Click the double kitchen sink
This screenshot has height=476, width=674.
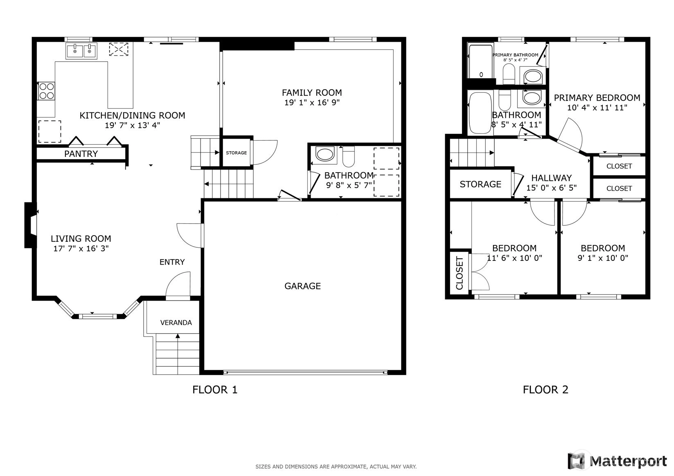tap(81, 51)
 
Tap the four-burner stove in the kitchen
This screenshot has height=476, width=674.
tap(46, 91)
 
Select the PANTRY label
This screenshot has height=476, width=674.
tap(81, 154)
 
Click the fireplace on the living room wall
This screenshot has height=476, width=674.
tap(30, 225)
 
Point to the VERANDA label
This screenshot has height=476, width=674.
tap(176, 323)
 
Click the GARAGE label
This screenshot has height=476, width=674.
tap(303, 286)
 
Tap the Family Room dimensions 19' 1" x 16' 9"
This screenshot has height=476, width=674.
tap(312, 103)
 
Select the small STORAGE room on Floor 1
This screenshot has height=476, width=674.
tap(236, 153)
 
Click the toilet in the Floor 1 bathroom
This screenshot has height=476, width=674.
tap(349, 156)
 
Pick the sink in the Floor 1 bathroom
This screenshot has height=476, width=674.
tap(325, 155)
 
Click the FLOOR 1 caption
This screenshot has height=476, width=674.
tap(215, 390)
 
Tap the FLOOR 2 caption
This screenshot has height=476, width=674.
tap(546, 390)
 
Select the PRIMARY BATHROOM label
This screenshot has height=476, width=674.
tap(516, 55)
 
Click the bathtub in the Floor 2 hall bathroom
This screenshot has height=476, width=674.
tap(480, 113)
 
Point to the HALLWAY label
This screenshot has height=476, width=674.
tap(552, 178)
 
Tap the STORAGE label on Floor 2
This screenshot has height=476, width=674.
tap(480, 184)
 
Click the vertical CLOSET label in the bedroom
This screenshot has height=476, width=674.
tap(460, 273)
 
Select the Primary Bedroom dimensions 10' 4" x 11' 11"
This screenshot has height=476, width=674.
tap(597, 108)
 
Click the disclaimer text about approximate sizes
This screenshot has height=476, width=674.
tap(336, 467)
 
